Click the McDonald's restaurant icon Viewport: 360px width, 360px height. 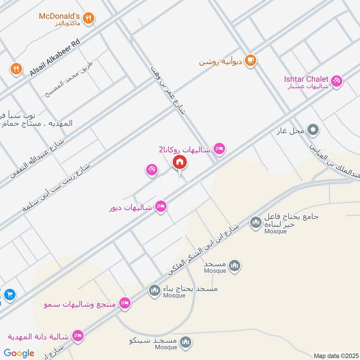(89, 18)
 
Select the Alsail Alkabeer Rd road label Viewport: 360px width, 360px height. (55, 56)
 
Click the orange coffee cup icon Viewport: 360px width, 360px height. (251, 60)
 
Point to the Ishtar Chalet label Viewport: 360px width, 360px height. (306, 79)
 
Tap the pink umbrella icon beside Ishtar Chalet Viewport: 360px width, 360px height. (336, 81)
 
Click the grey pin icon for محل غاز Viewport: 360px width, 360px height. (313, 131)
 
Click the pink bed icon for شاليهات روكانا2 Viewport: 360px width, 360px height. (219, 148)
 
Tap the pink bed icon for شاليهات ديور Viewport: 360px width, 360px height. (161, 207)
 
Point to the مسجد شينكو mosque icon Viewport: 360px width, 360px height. (185, 343)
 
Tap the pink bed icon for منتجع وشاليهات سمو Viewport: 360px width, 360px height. (125, 303)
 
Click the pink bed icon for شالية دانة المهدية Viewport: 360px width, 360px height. (78, 336)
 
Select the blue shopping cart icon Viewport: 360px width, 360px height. (9, 295)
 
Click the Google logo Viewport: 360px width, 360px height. (19, 353)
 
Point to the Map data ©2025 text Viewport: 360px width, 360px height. (335, 355)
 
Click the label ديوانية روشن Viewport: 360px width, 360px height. (221, 62)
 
